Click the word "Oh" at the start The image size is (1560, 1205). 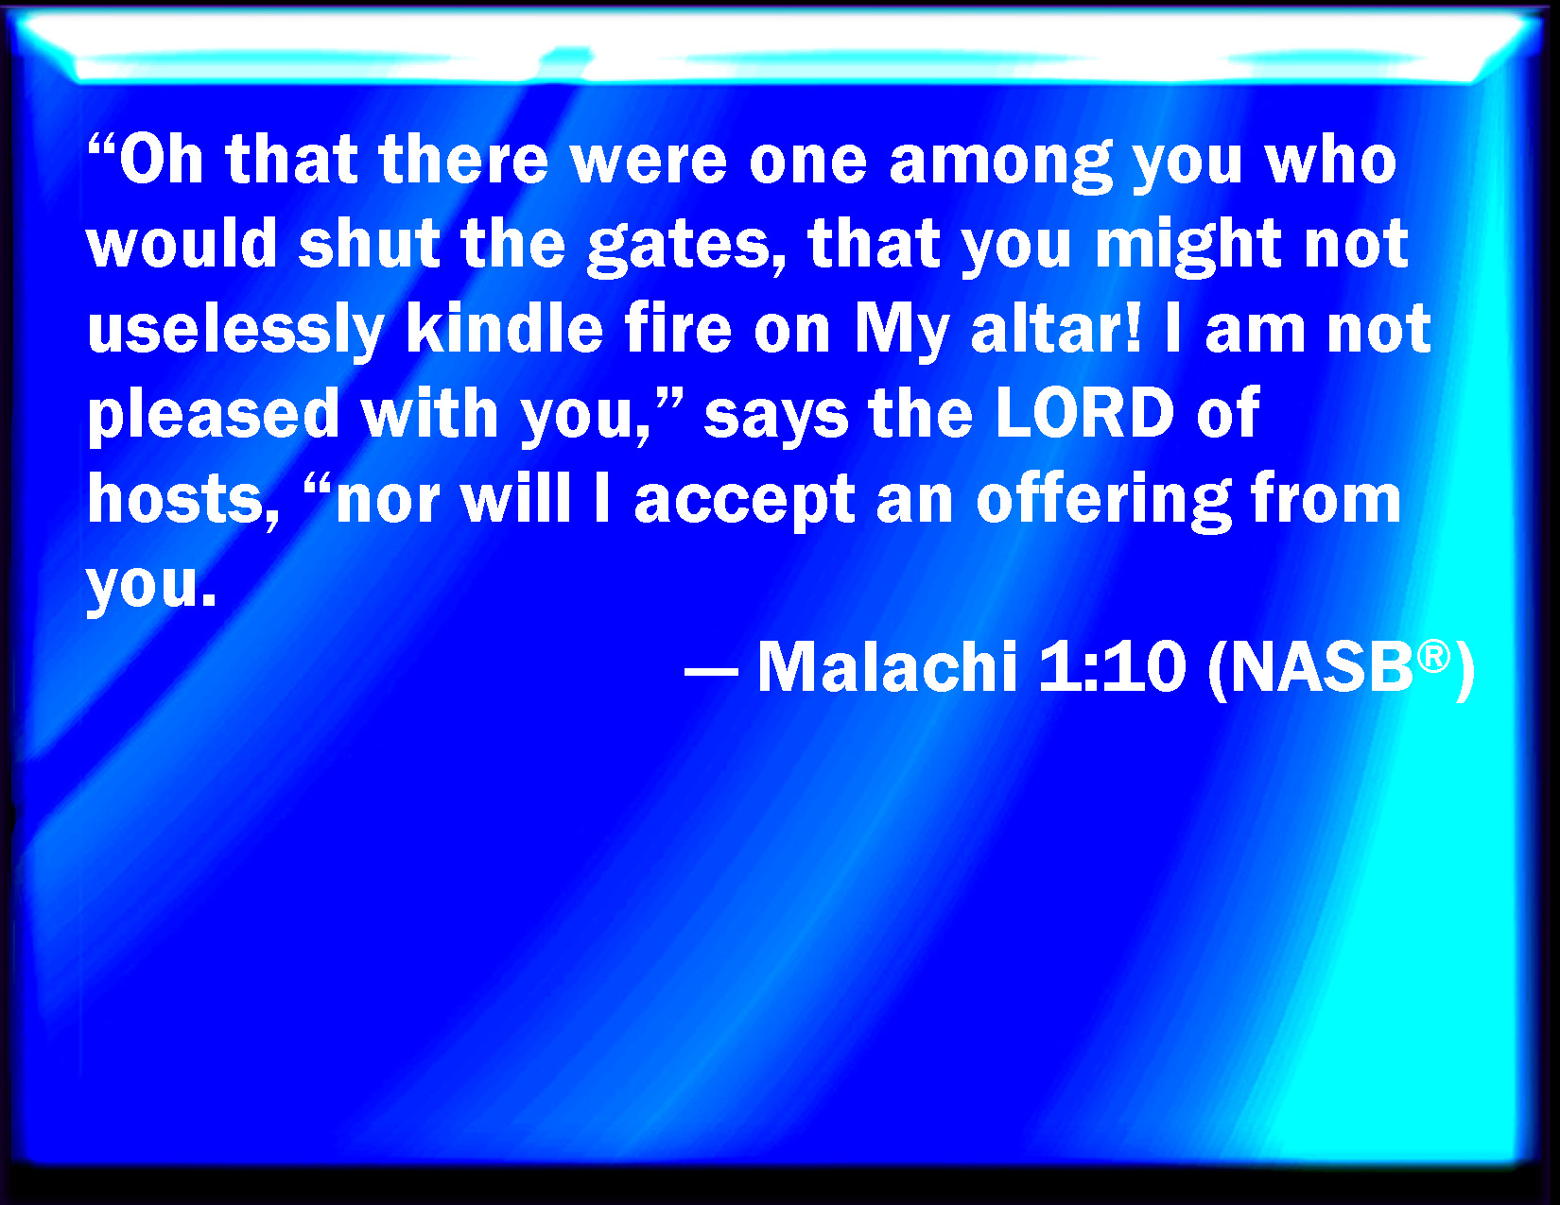pos(162,160)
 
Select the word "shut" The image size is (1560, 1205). pos(369,244)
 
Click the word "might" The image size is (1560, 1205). pos(1188,248)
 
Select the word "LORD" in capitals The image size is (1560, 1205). pos(1085,412)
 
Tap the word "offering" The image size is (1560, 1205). pos(1103,500)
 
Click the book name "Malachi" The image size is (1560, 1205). pos(888,666)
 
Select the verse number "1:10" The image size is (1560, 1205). pos(1111,667)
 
